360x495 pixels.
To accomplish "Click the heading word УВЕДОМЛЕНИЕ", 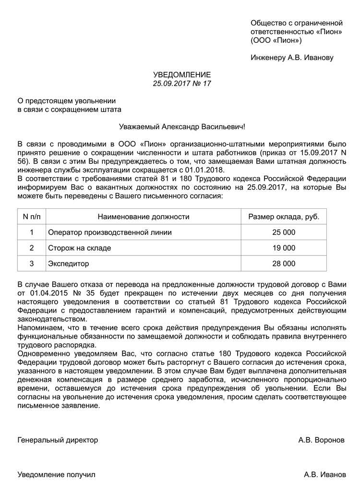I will tap(182, 75).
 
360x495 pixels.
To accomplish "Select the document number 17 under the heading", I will tap(206, 84).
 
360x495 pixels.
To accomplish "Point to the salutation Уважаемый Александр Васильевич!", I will tap(181, 127).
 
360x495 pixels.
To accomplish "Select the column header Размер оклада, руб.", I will tap(283, 217).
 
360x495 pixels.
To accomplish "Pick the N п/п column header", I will tap(32, 217).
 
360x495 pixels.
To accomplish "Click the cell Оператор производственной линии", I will tap(109, 232).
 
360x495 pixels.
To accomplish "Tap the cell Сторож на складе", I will tap(79, 248).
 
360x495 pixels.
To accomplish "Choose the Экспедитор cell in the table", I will tap(68, 264).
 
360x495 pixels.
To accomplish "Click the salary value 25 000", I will tap(284, 232).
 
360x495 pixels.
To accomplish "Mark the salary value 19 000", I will tap(284, 248).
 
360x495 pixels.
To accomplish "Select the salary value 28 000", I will tap(284, 264).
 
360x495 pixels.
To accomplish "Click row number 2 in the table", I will tap(32, 248).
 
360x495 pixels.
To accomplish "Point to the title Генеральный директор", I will tap(58, 440).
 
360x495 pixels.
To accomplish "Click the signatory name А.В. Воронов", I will tap(321, 440).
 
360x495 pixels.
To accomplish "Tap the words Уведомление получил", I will tap(57, 474).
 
